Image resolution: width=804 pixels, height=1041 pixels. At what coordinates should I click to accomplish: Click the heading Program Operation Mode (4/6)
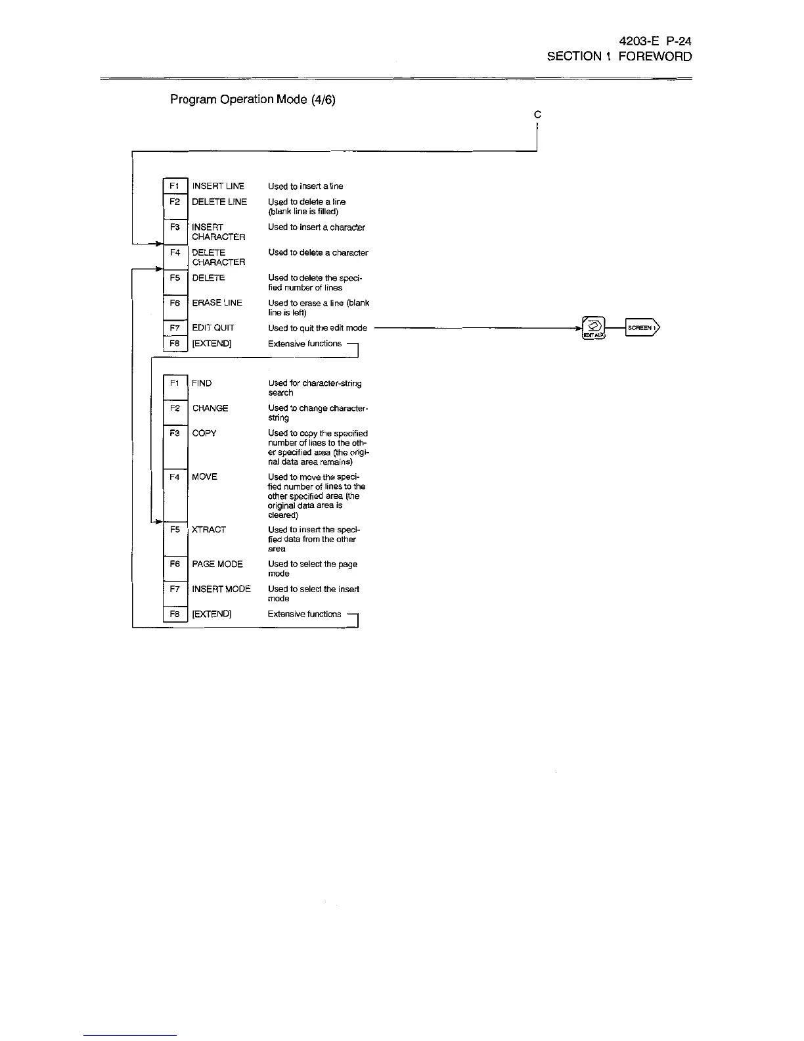pos(253,100)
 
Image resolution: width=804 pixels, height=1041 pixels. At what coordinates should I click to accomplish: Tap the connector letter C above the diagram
pos(537,115)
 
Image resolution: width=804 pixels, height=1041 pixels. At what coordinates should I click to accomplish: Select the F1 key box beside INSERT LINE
pos(175,186)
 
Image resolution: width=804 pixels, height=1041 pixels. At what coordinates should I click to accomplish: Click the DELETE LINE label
pos(219,202)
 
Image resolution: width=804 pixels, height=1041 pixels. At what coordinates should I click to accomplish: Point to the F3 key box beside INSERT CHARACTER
pos(175,227)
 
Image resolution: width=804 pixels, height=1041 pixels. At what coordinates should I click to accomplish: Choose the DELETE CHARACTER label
pos(218,257)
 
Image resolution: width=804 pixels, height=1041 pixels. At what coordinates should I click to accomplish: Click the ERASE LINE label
pos(217,303)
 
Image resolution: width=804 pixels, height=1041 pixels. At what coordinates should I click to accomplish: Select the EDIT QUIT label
pos(213,328)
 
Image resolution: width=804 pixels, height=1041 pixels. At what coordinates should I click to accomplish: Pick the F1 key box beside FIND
pos(175,383)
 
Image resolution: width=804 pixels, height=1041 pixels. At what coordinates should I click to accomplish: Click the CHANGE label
pos(210,408)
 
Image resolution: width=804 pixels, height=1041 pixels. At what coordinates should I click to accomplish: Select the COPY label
pos(204,433)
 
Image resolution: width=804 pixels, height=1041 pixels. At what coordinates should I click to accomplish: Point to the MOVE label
pos(204,476)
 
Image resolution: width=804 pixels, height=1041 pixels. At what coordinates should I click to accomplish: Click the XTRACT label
pos(209,530)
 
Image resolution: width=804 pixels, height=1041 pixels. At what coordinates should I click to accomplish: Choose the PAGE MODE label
pos(217,564)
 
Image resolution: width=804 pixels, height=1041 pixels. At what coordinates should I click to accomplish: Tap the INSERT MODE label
pos(221,589)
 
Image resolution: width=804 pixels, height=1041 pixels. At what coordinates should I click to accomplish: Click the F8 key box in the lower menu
pos(175,614)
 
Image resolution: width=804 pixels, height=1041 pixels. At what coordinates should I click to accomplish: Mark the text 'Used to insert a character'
pos(317,227)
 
